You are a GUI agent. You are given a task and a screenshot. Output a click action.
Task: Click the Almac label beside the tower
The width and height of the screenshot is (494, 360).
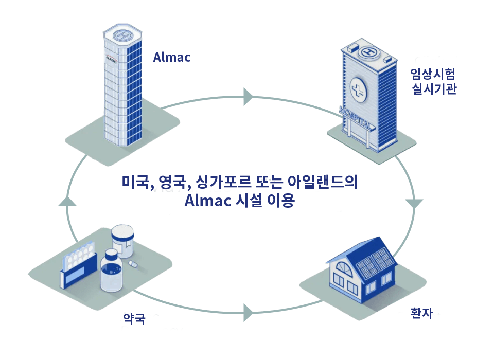[172, 58]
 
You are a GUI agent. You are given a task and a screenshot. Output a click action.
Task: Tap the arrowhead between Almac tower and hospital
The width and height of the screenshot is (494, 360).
[248, 96]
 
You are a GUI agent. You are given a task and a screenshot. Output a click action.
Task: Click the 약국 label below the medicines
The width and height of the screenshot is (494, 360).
[130, 317]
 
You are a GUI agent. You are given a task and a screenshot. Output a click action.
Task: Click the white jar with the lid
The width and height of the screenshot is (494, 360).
[123, 240]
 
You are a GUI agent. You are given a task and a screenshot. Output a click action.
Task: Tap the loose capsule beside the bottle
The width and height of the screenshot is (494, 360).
[133, 264]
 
